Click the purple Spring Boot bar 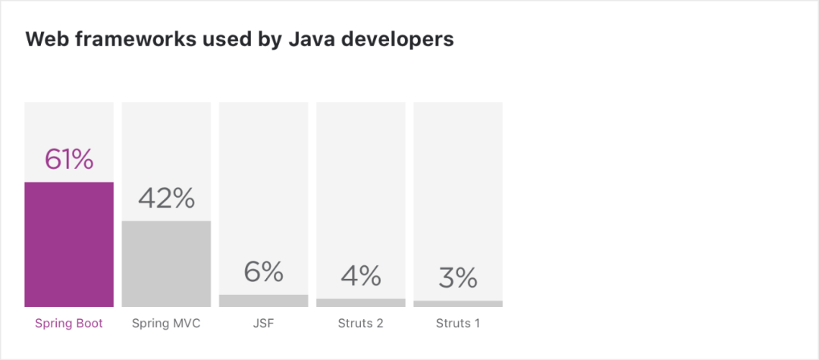pos(69,244)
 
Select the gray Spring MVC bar pos(166,264)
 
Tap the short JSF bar pos(263,301)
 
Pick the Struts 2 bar pos(360,302)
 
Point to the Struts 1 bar pos(458,304)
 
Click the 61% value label pos(69,160)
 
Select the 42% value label pos(166,199)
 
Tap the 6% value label pos(263,271)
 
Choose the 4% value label pos(360,276)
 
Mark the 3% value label pos(458,278)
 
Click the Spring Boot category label pos(69,324)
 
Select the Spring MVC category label pos(166,324)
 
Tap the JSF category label pos(263,324)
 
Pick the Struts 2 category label pos(360,324)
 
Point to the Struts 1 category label pos(458,324)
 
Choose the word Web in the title pos(44,39)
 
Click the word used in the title pos(215,39)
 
